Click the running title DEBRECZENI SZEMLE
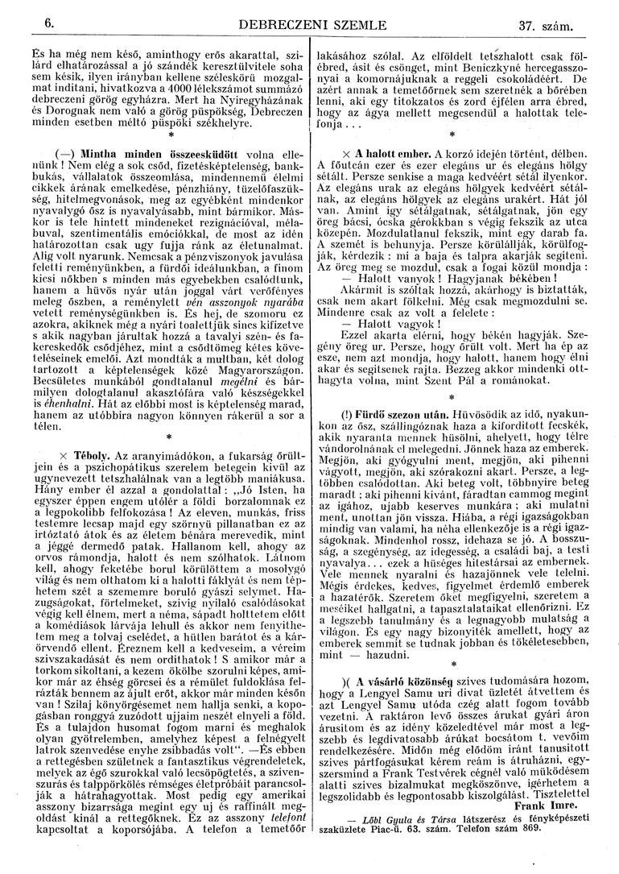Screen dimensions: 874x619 pos(307,26)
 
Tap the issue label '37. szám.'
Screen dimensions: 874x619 pos(546,27)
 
